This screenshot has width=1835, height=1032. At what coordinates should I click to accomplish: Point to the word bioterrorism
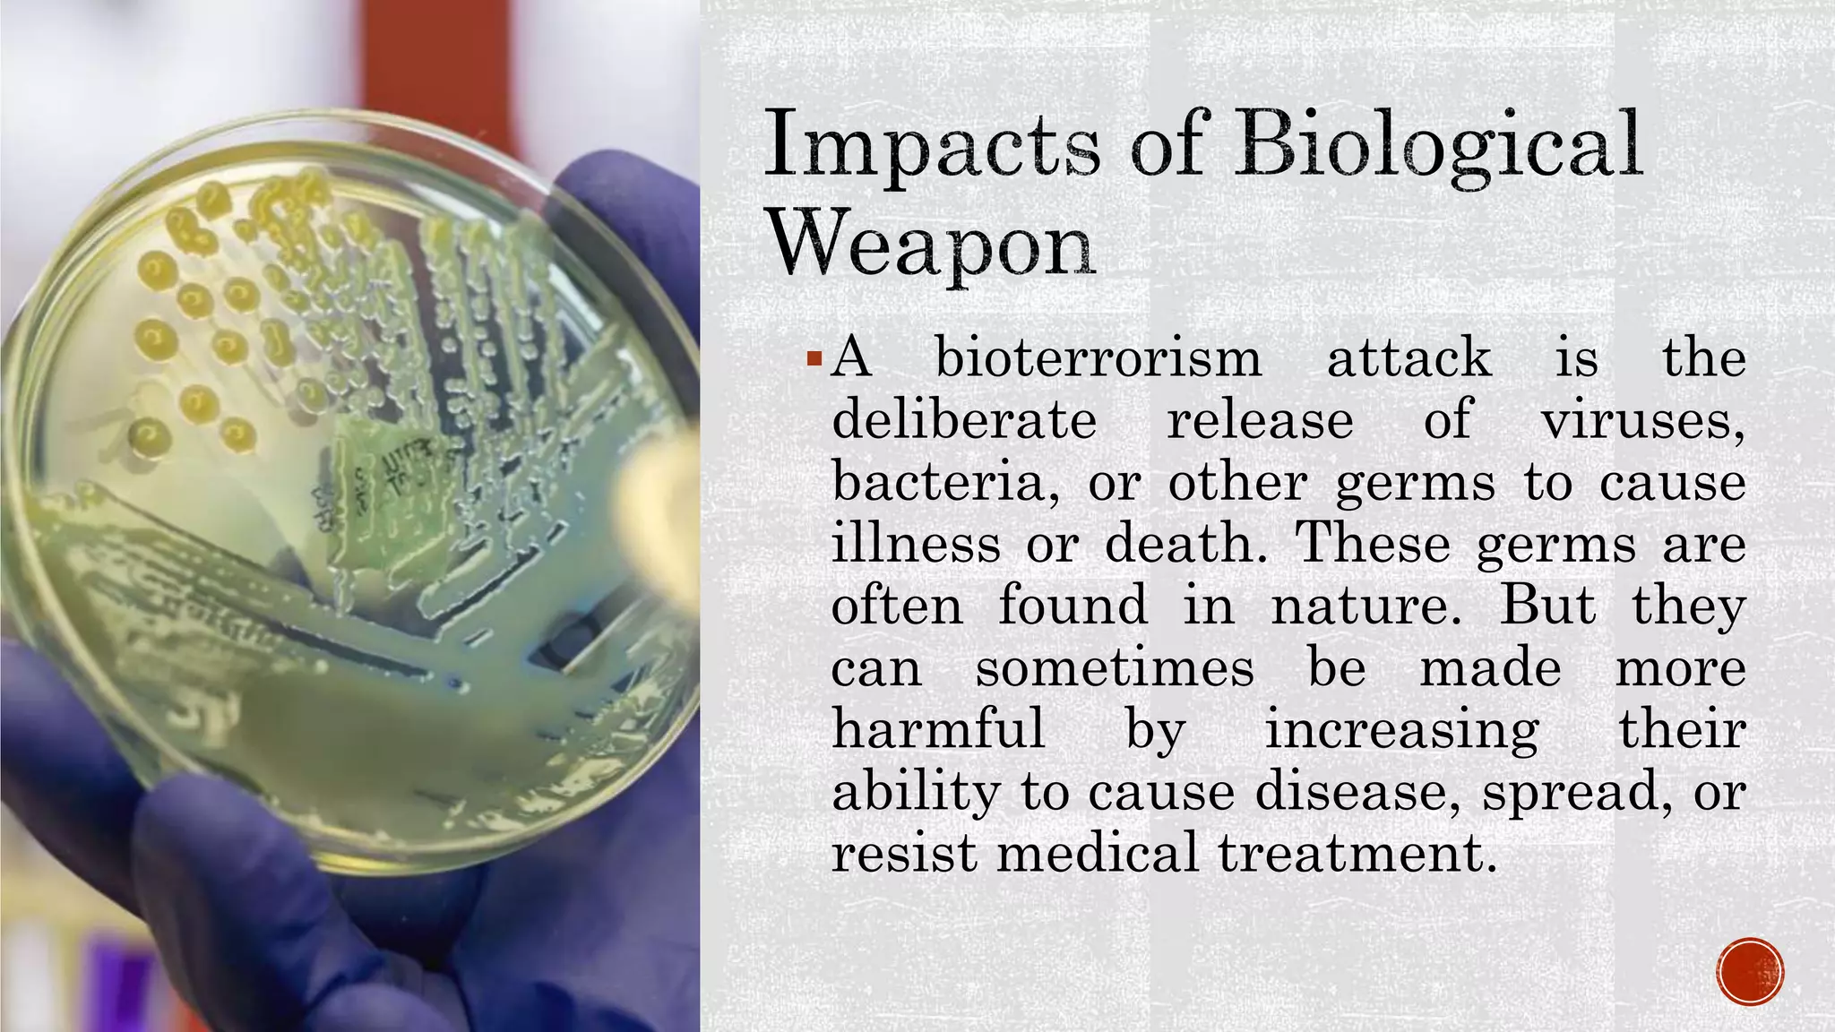(1098, 358)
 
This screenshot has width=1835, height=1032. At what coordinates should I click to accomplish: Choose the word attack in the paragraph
(1409, 358)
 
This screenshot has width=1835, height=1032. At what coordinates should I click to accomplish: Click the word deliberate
(964, 420)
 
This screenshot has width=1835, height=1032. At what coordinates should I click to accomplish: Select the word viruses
(1641, 420)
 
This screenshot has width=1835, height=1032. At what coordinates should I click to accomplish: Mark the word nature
(1365, 606)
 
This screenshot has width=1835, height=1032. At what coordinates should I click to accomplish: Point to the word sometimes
(1115, 668)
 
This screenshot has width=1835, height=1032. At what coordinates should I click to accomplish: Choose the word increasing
(1402, 731)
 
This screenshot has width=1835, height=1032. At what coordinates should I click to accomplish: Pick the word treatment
(1357, 852)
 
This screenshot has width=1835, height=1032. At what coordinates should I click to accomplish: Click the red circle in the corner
(1751, 971)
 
